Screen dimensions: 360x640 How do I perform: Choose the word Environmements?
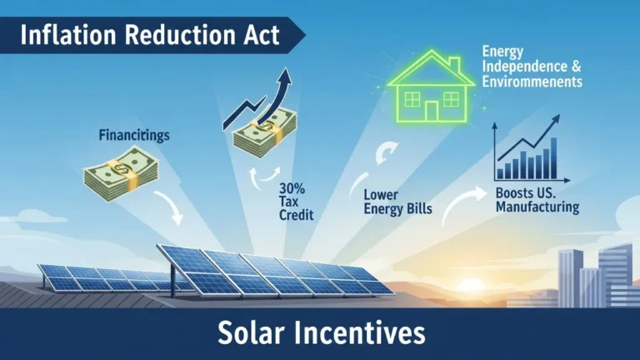click(x=531, y=82)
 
